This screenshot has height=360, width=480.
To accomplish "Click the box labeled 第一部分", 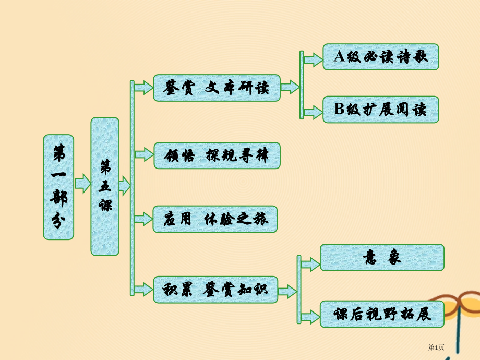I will coord(58,187).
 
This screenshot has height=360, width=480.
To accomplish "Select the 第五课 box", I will coord(105,186).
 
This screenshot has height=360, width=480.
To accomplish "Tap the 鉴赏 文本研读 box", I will coord(217,88).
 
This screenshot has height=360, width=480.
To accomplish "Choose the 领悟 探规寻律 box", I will coord(217,155).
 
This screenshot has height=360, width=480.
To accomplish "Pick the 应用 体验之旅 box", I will coord(215,219).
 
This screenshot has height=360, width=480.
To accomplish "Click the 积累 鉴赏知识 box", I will coord(215,290).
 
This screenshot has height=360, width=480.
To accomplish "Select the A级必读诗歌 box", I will coord(381,57).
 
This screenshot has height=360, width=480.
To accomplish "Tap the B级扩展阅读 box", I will coord(381,110).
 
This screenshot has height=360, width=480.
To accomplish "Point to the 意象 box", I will coord(382,258).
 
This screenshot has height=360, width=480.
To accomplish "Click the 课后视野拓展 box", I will coord(382,314).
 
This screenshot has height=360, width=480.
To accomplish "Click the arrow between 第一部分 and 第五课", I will coord(82,184).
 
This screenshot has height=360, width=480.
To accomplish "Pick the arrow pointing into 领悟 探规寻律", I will coord(143,154).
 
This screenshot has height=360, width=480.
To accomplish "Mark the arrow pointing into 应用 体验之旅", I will coord(143,219).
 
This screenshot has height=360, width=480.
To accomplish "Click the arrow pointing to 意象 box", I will coord(310,265).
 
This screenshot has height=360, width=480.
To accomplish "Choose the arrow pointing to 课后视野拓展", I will coord(310,316).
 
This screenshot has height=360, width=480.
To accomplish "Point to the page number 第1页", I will coord(436,347).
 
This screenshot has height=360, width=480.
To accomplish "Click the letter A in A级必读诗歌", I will coord(339,57).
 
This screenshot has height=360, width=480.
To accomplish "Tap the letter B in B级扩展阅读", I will coord(339,110).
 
